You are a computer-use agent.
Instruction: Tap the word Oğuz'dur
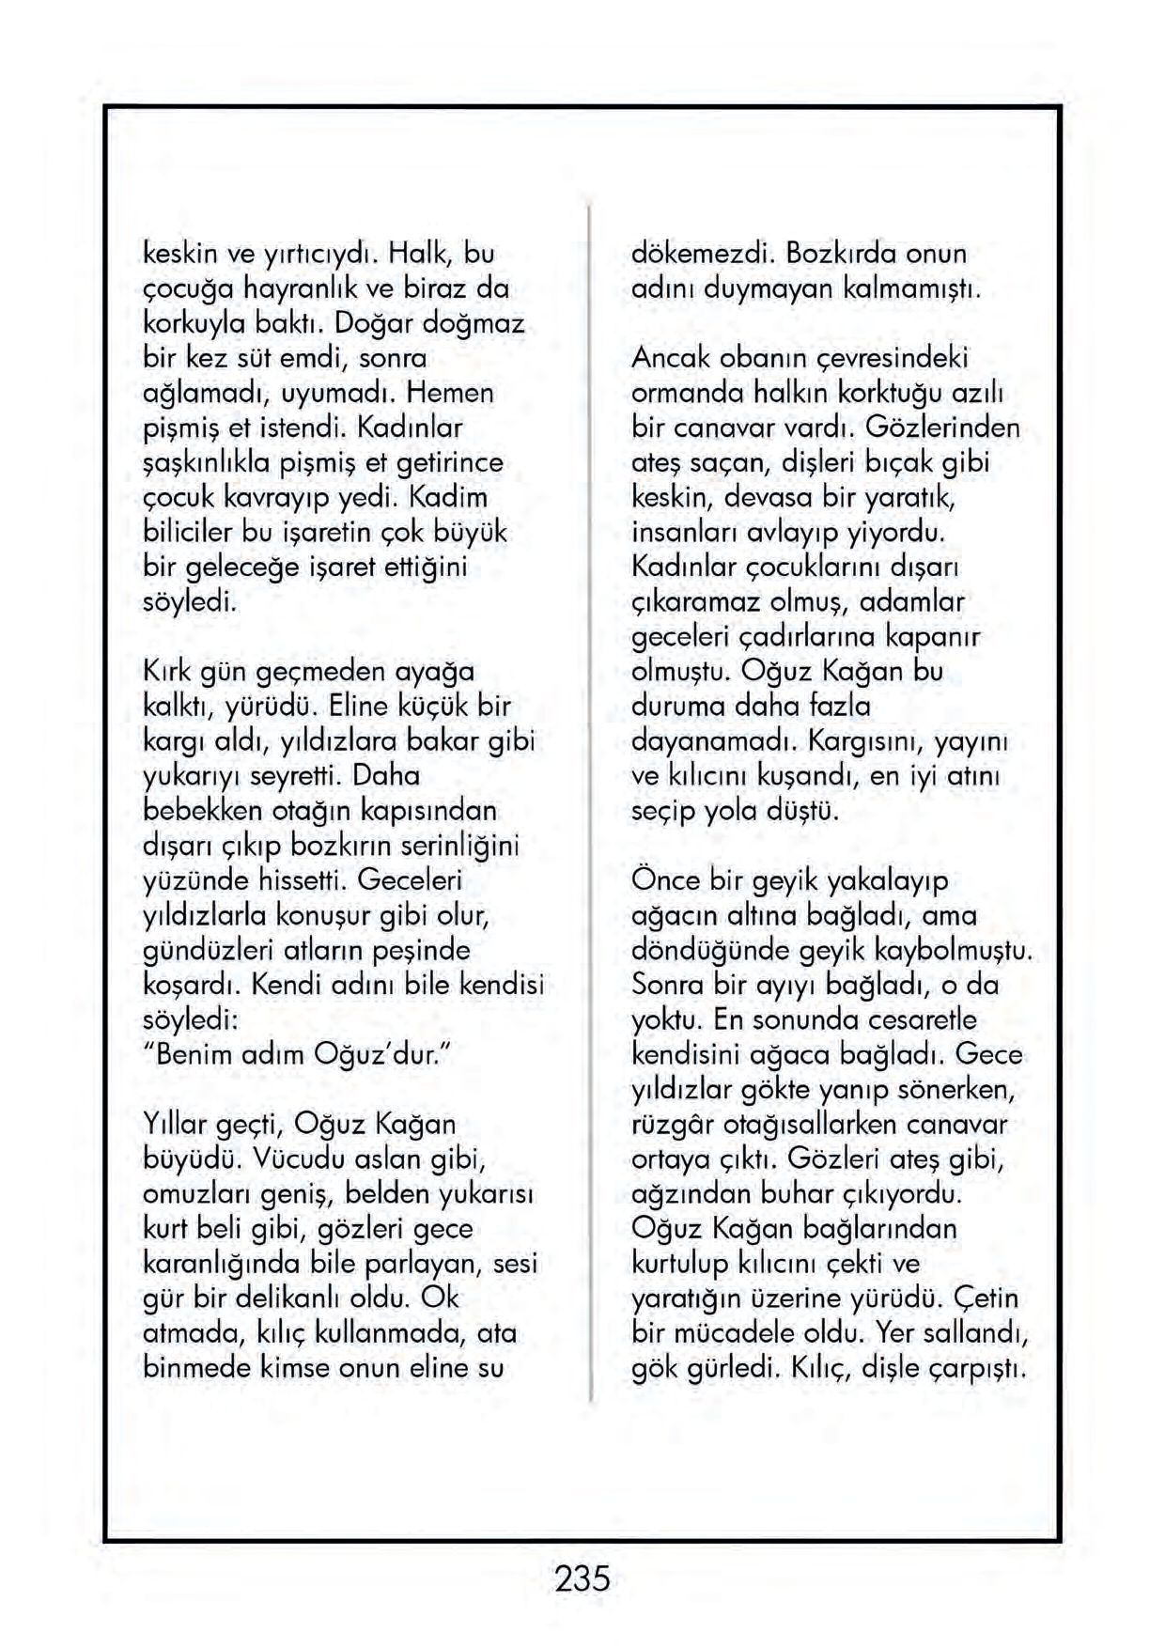[376, 1054]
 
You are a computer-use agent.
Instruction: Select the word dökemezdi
[702, 254]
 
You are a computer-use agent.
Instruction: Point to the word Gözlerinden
[941, 428]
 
